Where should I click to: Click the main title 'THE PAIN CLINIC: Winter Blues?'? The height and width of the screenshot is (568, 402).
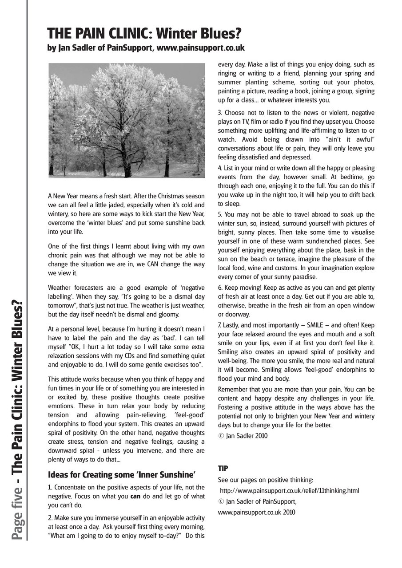click(x=144, y=33)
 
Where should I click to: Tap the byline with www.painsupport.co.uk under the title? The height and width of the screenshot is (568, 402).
click(x=146, y=48)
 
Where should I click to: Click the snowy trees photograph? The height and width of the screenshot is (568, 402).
click(x=127, y=120)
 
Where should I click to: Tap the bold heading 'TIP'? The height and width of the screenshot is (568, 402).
click(x=223, y=468)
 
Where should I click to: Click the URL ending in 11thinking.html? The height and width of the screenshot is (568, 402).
click(x=290, y=491)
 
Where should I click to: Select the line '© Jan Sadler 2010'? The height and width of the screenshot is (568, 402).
click(x=243, y=436)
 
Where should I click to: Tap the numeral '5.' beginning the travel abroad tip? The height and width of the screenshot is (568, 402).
click(x=220, y=215)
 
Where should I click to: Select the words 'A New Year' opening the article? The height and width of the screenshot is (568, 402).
click(x=61, y=196)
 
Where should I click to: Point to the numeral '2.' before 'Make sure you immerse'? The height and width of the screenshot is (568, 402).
click(x=50, y=518)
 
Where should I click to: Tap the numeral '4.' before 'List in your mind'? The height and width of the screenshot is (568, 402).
click(x=220, y=168)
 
